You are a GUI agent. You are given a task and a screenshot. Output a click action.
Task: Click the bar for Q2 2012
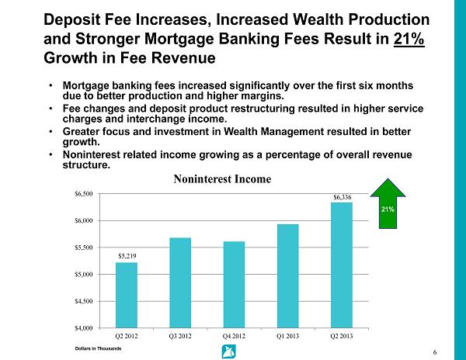(127, 295)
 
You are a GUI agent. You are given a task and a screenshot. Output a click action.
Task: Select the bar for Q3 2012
(181, 282)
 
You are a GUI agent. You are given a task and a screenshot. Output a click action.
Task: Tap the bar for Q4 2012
(234, 284)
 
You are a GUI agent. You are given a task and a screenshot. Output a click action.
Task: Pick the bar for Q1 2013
(287, 275)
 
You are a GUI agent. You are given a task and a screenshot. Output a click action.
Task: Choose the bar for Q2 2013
(341, 265)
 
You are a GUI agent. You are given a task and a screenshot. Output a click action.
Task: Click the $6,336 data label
(342, 197)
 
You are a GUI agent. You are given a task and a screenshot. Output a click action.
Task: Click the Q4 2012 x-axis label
(234, 337)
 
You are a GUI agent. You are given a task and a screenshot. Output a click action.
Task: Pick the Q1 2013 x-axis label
(287, 337)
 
